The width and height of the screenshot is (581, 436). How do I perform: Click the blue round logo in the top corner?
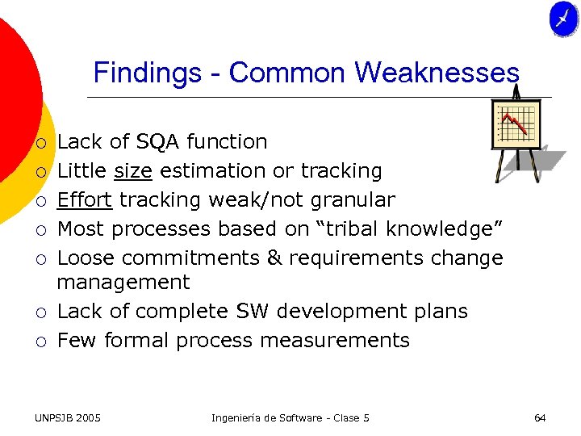coord(563,19)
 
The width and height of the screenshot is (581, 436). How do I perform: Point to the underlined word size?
coord(133,171)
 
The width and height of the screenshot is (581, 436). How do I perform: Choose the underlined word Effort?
coord(85,200)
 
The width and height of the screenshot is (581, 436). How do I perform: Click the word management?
coord(123,283)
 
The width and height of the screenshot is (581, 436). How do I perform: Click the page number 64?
coord(540,417)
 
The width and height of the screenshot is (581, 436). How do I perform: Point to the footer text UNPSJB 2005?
coord(68,417)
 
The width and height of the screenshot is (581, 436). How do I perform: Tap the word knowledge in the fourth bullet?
coord(447,229)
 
